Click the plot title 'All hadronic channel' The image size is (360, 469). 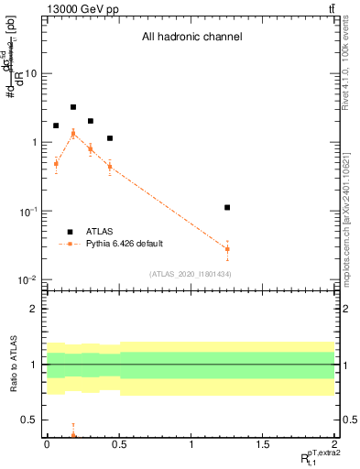click(191, 38)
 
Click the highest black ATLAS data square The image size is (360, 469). click(73, 107)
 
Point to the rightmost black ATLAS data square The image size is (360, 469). click(227, 208)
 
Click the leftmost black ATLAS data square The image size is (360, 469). click(56, 125)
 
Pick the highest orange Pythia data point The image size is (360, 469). click(73, 134)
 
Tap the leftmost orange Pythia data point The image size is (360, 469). click(56, 164)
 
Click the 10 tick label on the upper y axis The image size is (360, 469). click(30, 73)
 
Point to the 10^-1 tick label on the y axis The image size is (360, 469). click(27, 212)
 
